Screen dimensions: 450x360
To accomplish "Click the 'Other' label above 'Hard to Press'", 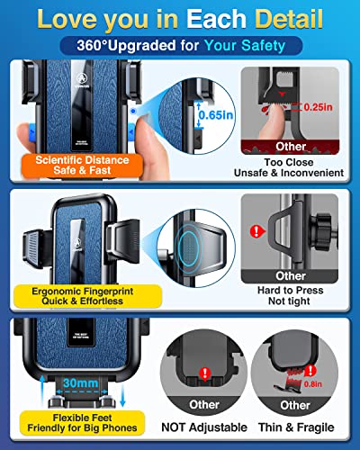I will click(290, 275).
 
